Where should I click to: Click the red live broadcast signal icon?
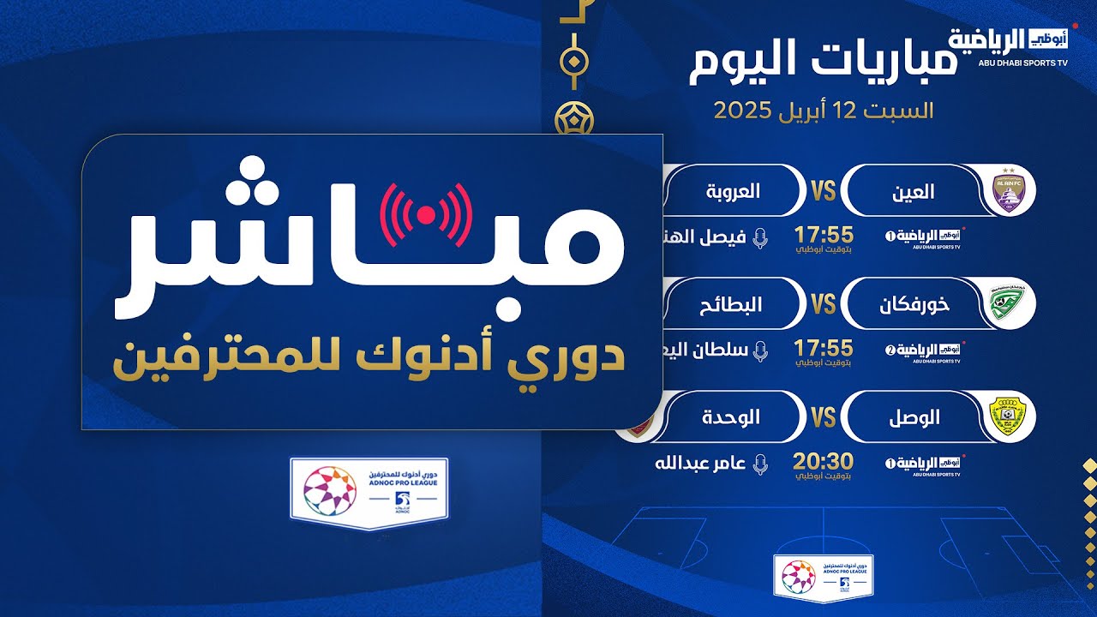tap(426, 214)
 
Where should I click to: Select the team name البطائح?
tap(733, 304)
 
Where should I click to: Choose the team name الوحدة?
tap(734, 417)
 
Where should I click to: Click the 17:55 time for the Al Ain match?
tap(824, 235)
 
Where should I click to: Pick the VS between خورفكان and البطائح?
tap(823, 304)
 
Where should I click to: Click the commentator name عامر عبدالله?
tap(696, 464)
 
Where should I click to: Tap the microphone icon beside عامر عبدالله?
tap(758, 464)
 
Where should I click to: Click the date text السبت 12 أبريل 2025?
tap(824, 111)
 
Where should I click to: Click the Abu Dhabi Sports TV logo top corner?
tap(1012, 45)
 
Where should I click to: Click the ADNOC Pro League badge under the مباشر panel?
tap(369, 491)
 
